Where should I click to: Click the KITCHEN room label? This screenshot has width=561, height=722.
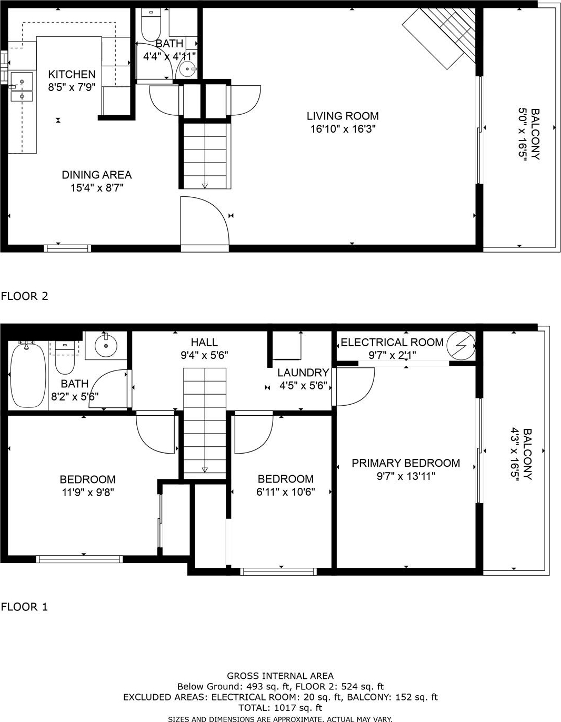(x=72, y=74)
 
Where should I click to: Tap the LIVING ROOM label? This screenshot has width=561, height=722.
(x=343, y=116)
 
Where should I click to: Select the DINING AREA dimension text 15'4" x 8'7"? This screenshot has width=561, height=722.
(x=97, y=188)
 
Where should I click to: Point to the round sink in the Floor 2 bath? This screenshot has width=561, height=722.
(x=188, y=69)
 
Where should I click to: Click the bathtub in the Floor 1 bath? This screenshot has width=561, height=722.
(x=28, y=375)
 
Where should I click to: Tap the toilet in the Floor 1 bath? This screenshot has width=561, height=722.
(x=64, y=358)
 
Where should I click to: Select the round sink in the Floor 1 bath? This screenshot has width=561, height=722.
(x=106, y=346)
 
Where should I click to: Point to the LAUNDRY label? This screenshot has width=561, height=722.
(x=303, y=373)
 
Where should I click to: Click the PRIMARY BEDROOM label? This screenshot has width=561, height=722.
(x=406, y=463)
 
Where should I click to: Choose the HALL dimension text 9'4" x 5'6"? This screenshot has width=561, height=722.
(x=204, y=356)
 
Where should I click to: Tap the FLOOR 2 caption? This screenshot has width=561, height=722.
(x=25, y=296)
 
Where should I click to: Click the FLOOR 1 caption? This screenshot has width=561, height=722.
(x=25, y=607)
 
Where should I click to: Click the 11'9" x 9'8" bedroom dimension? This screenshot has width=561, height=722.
(x=88, y=492)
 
